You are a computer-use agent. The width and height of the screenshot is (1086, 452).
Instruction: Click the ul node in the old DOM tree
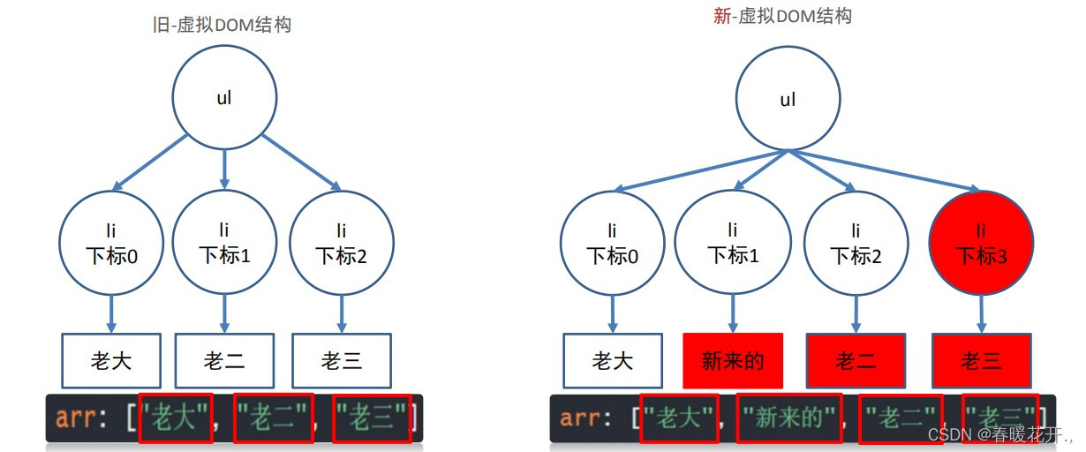point(224,98)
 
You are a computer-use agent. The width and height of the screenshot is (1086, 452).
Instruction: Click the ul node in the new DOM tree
point(788,100)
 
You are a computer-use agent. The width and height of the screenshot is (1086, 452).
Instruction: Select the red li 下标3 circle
point(982,244)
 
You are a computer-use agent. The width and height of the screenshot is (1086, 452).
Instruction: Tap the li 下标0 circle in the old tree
point(111,244)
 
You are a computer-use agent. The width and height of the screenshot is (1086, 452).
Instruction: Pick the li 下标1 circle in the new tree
point(731,244)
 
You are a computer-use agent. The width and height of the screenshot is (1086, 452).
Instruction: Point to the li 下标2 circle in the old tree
point(341,244)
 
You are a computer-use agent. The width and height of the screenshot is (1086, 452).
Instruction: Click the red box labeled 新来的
point(733,360)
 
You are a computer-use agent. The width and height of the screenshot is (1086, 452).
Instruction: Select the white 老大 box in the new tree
point(613,360)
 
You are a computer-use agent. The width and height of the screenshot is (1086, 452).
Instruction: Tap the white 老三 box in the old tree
point(341,360)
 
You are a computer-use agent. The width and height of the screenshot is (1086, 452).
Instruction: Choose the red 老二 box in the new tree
point(855,360)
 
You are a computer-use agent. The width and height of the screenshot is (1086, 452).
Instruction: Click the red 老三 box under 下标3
point(982,360)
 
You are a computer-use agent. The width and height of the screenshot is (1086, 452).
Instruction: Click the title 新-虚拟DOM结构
point(782,16)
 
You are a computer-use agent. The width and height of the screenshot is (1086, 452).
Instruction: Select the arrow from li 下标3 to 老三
point(982,314)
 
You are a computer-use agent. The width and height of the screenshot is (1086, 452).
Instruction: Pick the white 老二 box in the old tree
point(224,360)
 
